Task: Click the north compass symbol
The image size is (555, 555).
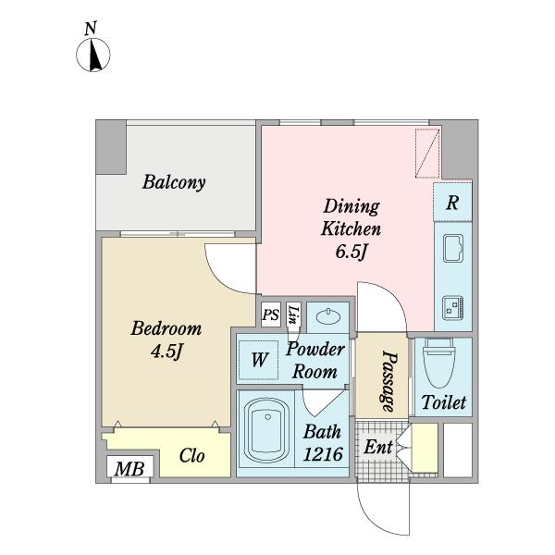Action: (93, 55)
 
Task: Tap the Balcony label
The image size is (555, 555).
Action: (174, 182)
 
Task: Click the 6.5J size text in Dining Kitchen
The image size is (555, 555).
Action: (351, 252)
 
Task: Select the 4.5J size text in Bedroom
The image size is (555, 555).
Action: (166, 351)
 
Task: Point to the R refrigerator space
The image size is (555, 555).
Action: (452, 203)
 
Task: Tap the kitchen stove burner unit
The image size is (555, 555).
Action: (452, 308)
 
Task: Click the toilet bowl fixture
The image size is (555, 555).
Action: (439, 363)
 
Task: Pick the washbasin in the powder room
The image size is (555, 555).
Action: (327, 316)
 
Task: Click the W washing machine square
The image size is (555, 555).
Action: (258, 360)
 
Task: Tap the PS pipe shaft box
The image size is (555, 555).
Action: (271, 314)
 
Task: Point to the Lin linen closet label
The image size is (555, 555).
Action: (293, 314)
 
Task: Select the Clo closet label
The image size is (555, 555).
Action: (191, 455)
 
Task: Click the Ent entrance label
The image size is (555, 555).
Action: (378, 447)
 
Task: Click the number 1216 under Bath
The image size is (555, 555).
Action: (323, 454)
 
